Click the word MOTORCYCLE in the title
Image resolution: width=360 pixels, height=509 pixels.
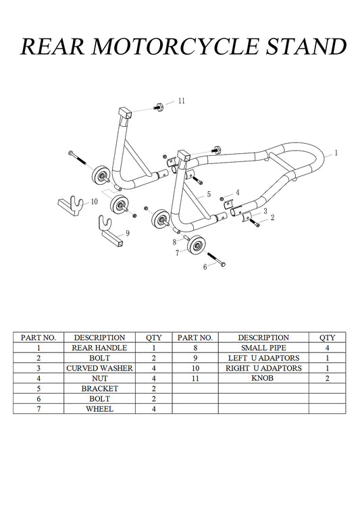click(x=176, y=47)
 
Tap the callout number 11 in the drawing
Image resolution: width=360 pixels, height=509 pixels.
click(x=181, y=101)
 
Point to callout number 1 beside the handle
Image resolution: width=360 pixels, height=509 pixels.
click(x=336, y=153)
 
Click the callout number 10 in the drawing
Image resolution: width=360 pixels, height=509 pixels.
click(x=95, y=202)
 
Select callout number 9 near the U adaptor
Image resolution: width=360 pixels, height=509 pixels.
click(x=128, y=233)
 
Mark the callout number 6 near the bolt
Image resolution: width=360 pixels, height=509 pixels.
click(x=205, y=267)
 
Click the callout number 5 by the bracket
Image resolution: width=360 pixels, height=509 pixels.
click(x=209, y=194)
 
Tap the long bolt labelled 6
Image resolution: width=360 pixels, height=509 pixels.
click(x=216, y=259)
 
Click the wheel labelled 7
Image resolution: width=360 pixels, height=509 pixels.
click(x=196, y=246)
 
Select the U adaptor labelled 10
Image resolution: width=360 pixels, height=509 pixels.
click(x=71, y=205)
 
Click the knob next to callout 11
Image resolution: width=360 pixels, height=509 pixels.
click(x=159, y=107)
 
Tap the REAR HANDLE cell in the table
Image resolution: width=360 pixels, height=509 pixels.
click(x=99, y=348)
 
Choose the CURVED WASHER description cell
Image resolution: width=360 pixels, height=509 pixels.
click(x=99, y=368)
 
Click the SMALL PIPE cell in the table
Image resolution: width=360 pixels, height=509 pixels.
click(x=263, y=348)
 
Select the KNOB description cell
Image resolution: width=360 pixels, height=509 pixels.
click(x=263, y=378)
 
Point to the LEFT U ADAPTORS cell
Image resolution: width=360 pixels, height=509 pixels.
click(x=263, y=358)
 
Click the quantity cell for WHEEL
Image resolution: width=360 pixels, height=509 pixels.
click(x=154, y=408)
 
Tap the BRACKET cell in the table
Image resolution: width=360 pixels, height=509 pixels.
click(x=99, y=389)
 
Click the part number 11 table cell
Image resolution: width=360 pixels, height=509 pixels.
click(x=195, y=378)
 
